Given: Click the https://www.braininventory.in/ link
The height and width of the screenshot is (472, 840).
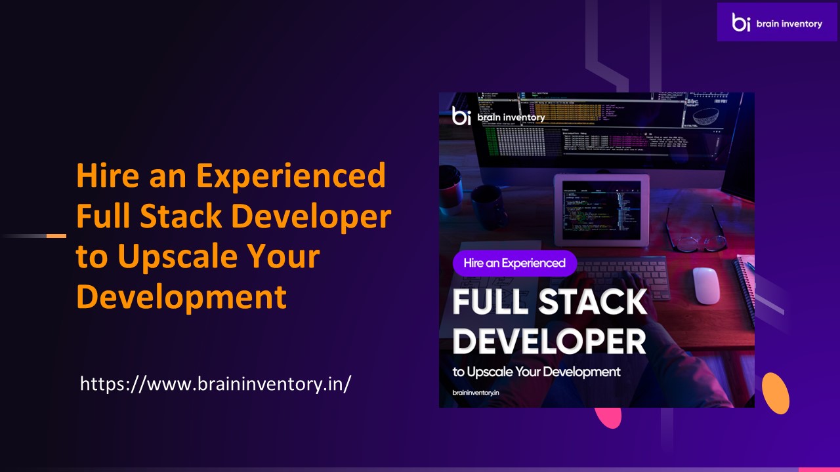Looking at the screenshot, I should click(215, 384).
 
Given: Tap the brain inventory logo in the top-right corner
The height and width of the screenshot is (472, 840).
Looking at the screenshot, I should click(777, 22).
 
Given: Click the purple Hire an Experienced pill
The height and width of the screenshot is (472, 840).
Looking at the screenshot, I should click(514, 263).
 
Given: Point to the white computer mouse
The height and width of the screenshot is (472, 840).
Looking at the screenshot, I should click(707, 285).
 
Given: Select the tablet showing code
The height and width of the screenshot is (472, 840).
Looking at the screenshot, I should click(601, 208).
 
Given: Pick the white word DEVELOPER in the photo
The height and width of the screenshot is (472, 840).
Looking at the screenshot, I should click(549, 341).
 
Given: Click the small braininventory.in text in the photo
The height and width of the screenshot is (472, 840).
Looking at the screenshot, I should click(476, 392).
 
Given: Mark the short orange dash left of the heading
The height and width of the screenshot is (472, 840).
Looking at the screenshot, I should click(56, 235).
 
